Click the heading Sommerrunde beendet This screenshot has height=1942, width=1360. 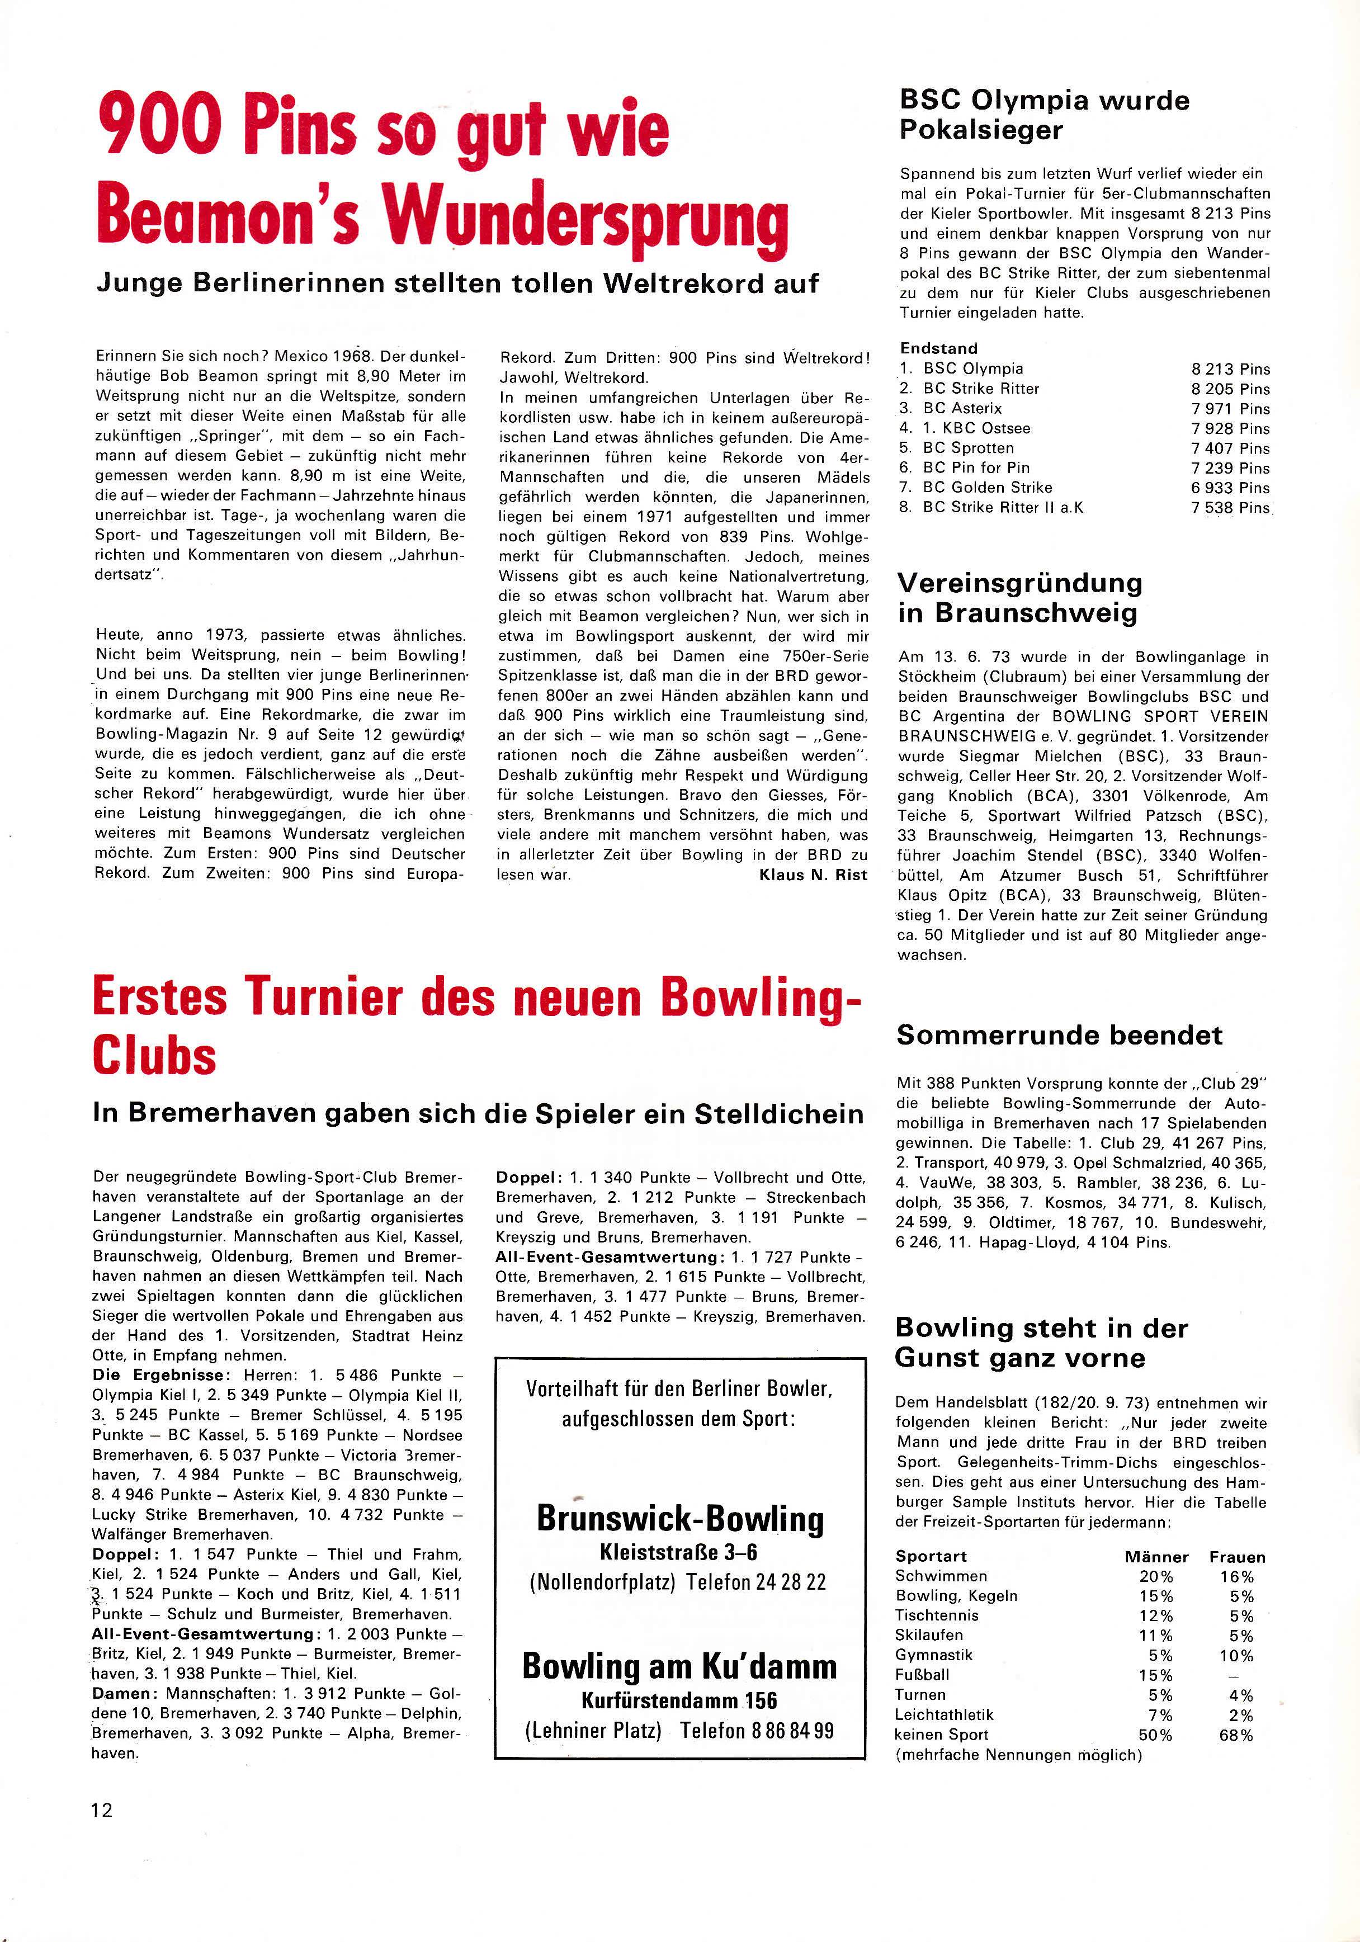(1059, 1035)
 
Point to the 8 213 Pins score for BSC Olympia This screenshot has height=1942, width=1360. (1231, 370)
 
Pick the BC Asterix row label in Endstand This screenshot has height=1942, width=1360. (962, 409)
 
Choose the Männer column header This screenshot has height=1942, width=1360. (1156, 1557)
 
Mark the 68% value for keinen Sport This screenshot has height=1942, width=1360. (1236, 1735)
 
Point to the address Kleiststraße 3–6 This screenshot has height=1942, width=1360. (680, 1552)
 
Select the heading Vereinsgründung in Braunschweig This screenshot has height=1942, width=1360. (1019, 598)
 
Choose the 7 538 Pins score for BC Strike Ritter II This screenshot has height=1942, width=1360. (1231, 508)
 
